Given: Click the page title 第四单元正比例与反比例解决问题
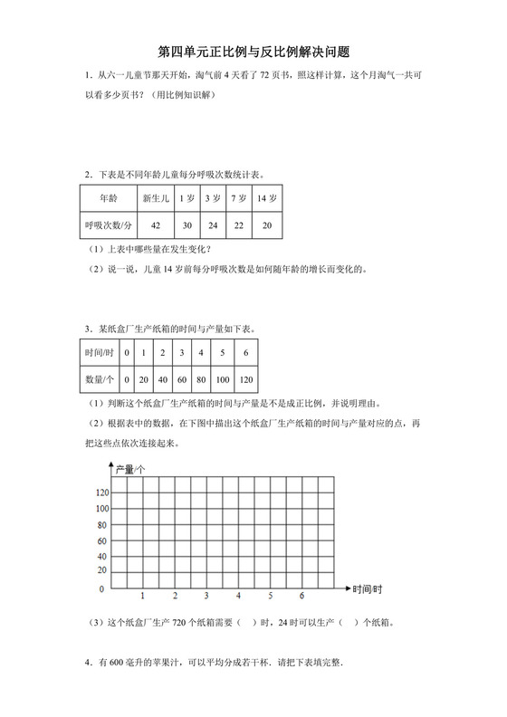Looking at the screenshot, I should click(253, 52).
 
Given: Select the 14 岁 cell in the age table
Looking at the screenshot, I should click(266, 197).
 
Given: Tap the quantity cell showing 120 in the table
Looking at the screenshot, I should click(246, 379).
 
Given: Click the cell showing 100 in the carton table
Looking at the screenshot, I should click(222, 379).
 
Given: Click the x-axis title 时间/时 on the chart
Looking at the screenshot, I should click(368, 588).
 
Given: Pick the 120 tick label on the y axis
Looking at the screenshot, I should click(101, 492).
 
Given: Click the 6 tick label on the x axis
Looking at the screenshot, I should click(301, 596).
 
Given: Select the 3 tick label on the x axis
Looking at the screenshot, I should click(206, 596).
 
